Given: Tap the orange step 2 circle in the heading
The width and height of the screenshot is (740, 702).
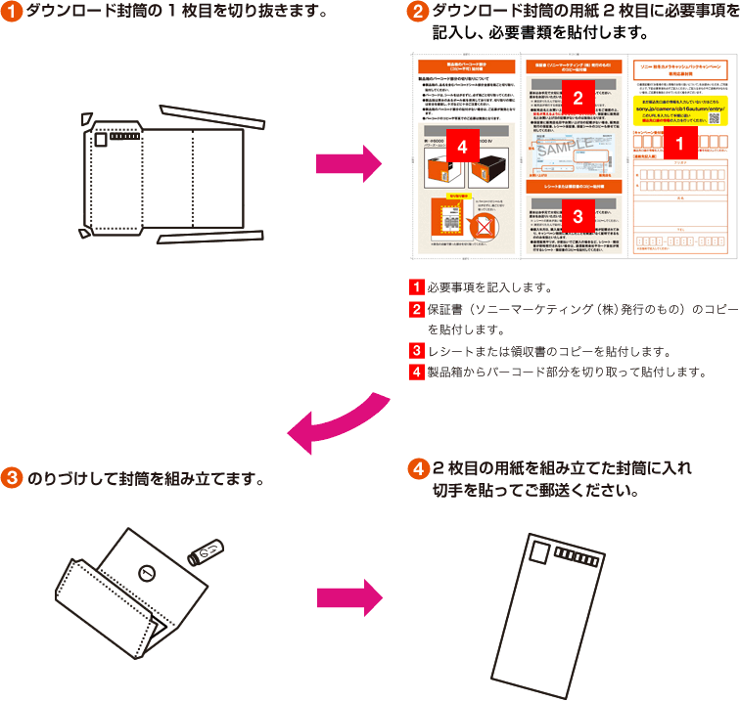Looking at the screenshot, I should point(418,13).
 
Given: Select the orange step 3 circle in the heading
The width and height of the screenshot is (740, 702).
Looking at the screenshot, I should point(13,480).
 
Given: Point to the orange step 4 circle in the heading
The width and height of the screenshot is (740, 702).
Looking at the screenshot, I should point(418,468).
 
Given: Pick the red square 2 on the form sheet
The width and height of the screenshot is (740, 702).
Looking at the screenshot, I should point(578,97).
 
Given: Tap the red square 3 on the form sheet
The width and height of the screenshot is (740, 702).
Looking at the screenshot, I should point(578,216).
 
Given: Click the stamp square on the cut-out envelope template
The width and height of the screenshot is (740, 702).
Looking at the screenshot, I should point(101,140).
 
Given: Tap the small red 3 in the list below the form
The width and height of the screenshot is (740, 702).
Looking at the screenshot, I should point(416,350).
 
